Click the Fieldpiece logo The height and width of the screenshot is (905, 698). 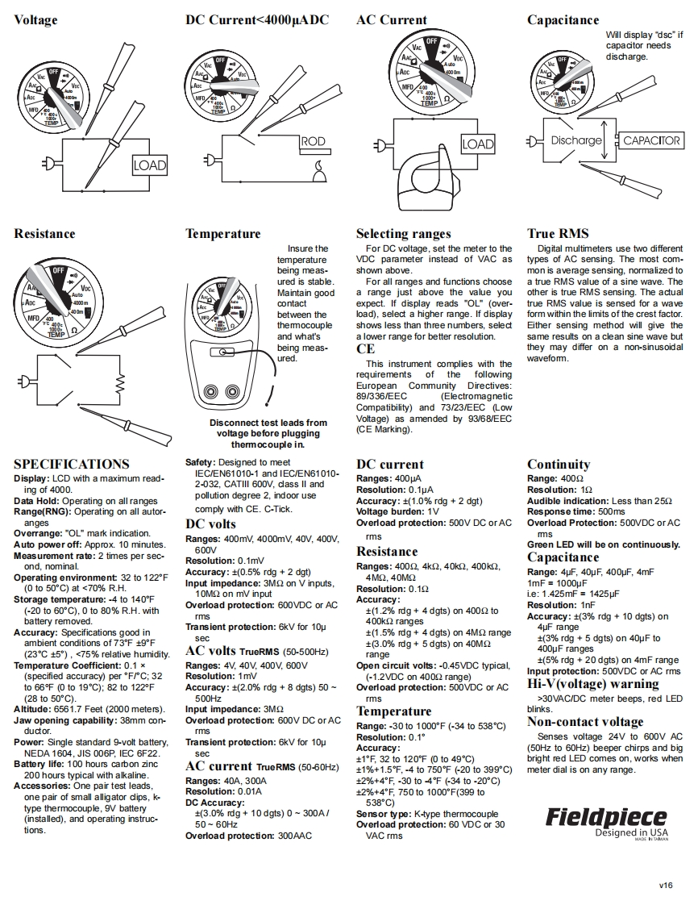click(x=606, y=816)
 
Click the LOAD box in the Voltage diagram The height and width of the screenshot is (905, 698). click(x=149, y=165)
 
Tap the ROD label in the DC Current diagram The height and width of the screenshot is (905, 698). click(x=313, y=142)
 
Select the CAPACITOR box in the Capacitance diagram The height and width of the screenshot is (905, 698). click(x=652, y=140)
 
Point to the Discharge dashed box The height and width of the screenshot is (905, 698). click(x=576, y=140)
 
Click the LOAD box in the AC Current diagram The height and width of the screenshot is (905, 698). click(x=477, y=144)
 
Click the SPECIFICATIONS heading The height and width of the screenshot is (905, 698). click(x=71, y=465)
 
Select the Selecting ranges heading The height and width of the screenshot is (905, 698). click(x=403, y=234)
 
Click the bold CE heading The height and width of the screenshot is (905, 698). click(x=365, y=349)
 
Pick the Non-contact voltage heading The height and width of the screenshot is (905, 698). click(x=585, y=722)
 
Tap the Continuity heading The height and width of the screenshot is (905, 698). click(x=559, y=465)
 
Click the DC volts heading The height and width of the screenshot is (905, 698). click(x=210, y=524)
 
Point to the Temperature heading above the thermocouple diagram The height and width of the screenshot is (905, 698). click(x=222, y=234)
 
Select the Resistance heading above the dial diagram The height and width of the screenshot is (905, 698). click(x=44, y=234)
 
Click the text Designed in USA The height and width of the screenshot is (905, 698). click(x=626, y=833)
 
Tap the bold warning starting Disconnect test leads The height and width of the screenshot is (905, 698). click(x=268, y=433)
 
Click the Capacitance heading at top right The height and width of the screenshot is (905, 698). click(x=563, y=20)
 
